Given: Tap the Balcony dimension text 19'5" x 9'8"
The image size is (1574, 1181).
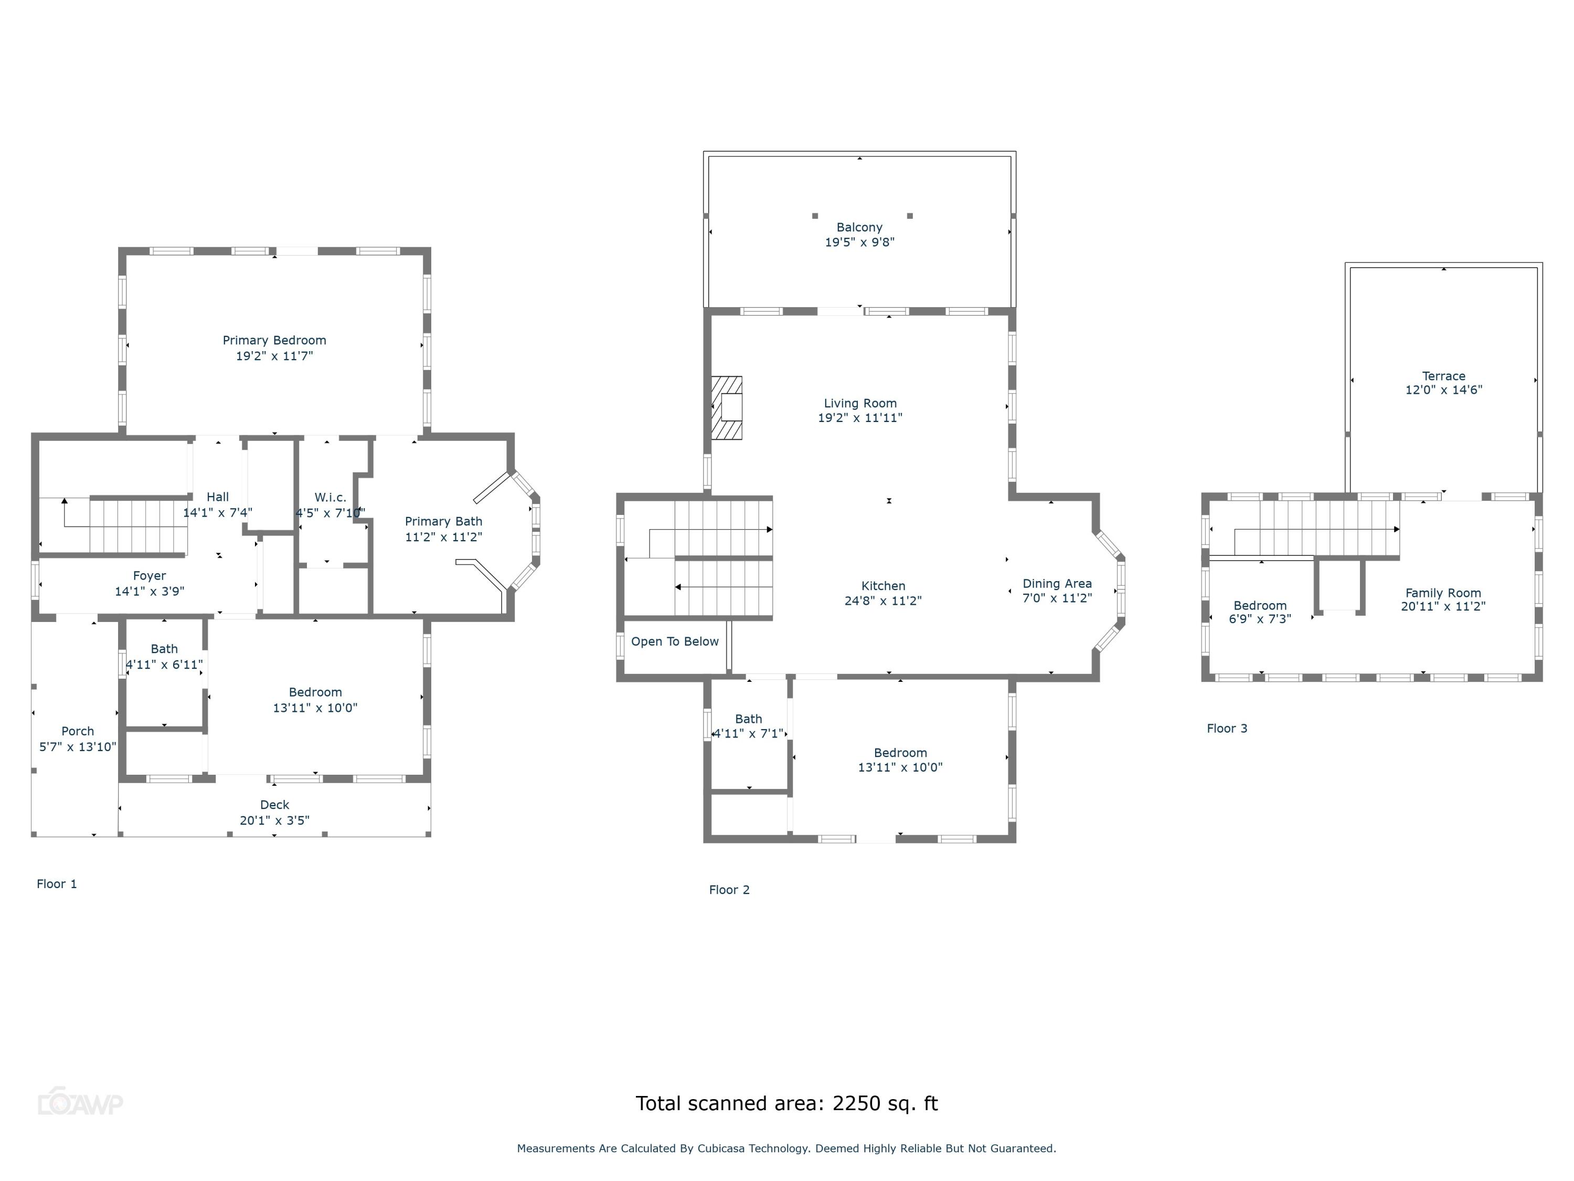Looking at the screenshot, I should (x=859, y=242).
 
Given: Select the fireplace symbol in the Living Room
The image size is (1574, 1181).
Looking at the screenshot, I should (x=727, y=408).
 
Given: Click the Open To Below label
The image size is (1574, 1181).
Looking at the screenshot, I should (x=675, y=641).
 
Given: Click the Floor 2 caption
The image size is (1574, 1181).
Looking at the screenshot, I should (x=729, y=890).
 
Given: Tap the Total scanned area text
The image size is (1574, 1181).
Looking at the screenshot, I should (x=786, y=1103).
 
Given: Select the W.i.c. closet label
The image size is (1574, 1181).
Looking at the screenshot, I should (x=330, y=497).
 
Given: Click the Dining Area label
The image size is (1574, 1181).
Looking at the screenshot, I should (x=1057, y=584).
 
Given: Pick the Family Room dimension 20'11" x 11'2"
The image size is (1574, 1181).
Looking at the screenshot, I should (x=1442, y=607).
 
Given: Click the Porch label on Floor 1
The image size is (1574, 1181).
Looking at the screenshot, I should (x=78, y=731).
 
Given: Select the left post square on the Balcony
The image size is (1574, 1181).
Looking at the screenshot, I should (x=815, y=216).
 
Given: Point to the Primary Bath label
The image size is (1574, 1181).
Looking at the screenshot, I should (x=443, y=521).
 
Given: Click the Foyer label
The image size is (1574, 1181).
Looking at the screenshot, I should (x=150, y=575).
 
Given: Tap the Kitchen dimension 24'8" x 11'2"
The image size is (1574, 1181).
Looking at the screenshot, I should (x=882, y=601).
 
